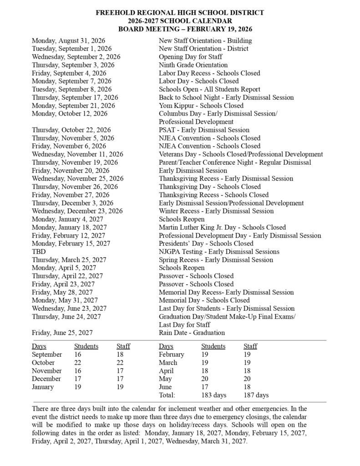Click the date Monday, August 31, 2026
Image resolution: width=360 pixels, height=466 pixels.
[68, 41]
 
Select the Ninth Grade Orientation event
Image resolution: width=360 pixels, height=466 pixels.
[193, 65]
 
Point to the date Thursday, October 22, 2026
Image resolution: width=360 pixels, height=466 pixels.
[71, 130]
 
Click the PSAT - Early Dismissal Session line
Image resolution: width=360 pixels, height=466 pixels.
[204, 130]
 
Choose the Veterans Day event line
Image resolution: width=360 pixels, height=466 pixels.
[241, 154]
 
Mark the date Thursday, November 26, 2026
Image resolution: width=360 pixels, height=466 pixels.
[75, 187]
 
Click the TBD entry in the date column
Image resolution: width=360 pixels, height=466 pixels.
[39, 252]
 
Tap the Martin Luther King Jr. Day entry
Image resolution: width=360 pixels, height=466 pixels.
[222, 227]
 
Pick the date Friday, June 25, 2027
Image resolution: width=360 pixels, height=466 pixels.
[63, 333]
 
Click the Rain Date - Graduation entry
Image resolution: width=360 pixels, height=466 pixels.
[192, 333]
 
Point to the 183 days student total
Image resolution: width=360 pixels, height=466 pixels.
[213, 395]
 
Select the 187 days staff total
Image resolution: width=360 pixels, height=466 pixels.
[256, 395]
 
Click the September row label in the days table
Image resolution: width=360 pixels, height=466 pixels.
[47, 355]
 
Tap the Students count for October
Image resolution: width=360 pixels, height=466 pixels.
[79, 363]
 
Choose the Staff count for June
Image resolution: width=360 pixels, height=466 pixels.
[248, 387]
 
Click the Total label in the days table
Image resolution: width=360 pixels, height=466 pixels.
[167, 395]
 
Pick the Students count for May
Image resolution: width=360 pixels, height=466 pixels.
[206, 379]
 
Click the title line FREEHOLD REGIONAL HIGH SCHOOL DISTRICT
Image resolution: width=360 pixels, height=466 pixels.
[180, 13]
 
